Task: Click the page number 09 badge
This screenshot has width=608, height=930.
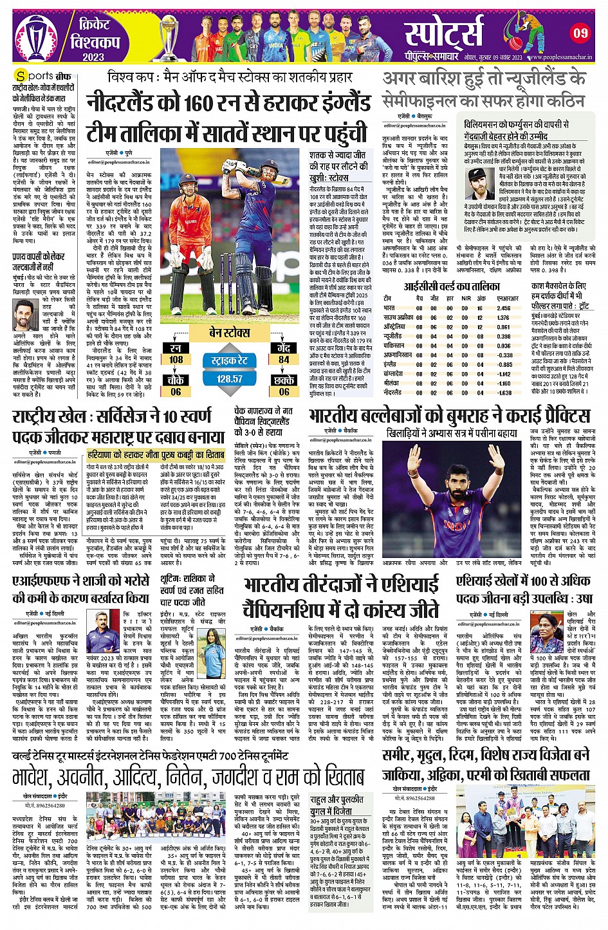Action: [580, 32]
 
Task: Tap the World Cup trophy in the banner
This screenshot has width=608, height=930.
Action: [170, 37]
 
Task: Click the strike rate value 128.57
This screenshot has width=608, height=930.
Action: [230, 378]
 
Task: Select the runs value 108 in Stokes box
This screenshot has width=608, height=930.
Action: [176, 360]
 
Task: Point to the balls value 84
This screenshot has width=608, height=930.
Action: [284, 360]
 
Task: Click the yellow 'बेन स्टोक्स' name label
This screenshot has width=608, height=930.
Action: [229, 332]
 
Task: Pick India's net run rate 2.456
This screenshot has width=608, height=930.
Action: [504, 308]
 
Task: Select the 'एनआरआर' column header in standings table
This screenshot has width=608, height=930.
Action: [508, 299]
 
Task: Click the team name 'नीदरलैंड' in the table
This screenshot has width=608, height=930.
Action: [393, 392]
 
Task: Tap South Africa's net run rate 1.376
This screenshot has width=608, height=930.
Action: [504, 318]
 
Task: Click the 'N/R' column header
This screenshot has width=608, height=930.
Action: [466, 299]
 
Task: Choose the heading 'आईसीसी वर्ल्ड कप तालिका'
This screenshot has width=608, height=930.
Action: [452, 286]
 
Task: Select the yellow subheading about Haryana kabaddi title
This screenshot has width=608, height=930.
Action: [156, 454]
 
